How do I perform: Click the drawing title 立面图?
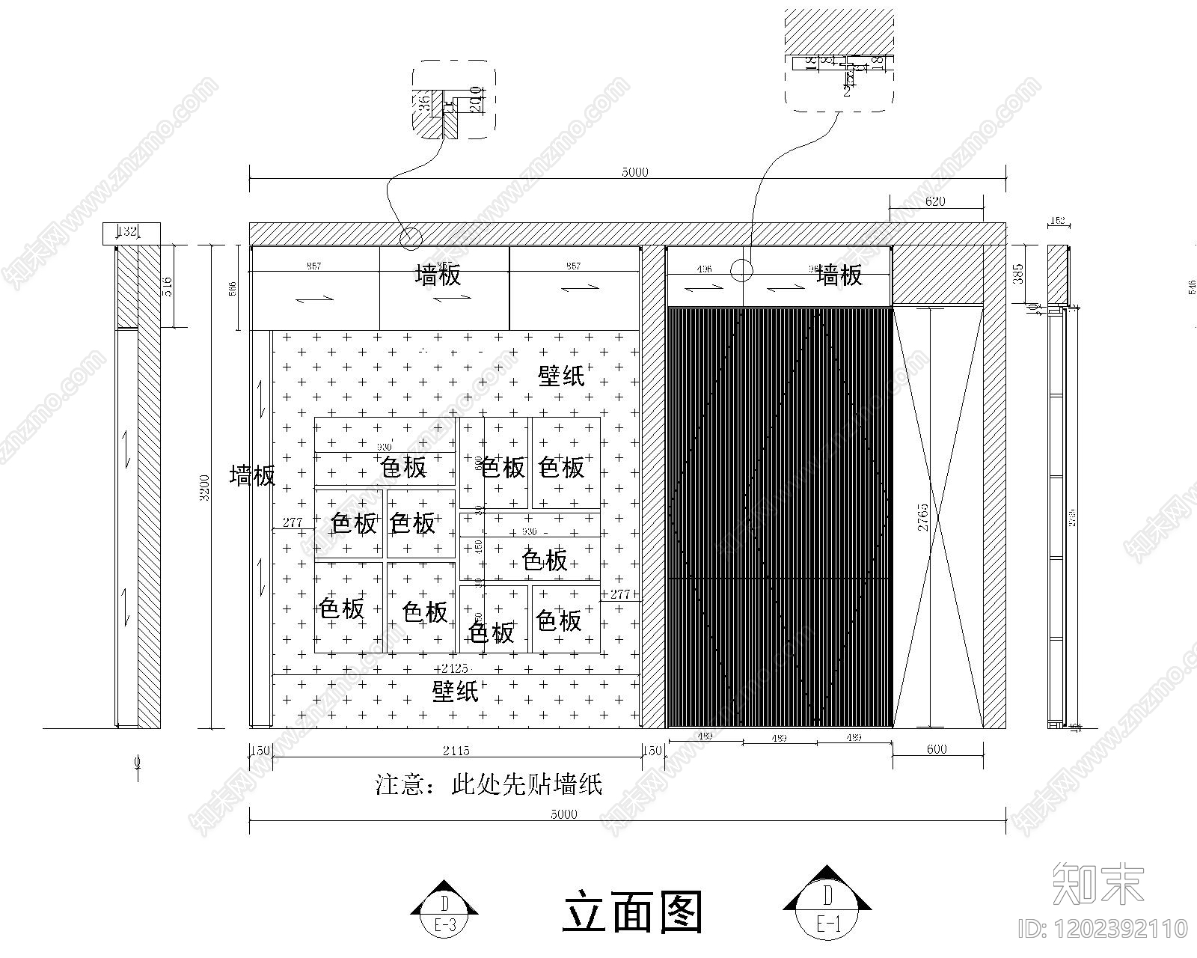point(632,912)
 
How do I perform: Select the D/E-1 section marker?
point(827,903)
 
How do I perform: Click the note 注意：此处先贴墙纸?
point(489,785)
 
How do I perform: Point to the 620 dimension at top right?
point(935,201)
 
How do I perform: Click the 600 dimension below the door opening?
point(936,749)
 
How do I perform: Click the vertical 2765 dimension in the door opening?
point(922,517)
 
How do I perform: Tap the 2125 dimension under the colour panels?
point(455,668)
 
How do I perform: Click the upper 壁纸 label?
point(562,376)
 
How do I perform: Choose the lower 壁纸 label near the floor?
point(456,691)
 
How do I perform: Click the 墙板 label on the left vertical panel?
point(253,476)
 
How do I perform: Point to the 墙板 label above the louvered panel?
point(839,275)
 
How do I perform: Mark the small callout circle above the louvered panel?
point(741,270)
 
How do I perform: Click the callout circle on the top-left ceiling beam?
point(410,238)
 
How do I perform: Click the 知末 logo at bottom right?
point(1098,883)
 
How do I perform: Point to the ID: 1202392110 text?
point(1103,929)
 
